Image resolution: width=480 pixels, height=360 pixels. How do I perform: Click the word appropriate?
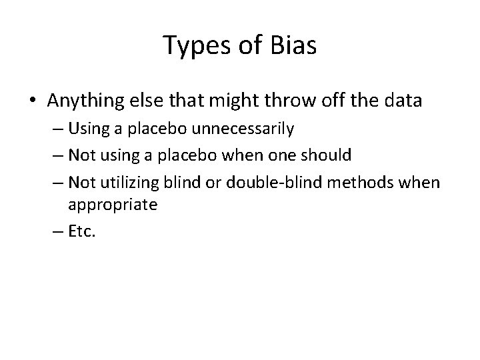[113, 205]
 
